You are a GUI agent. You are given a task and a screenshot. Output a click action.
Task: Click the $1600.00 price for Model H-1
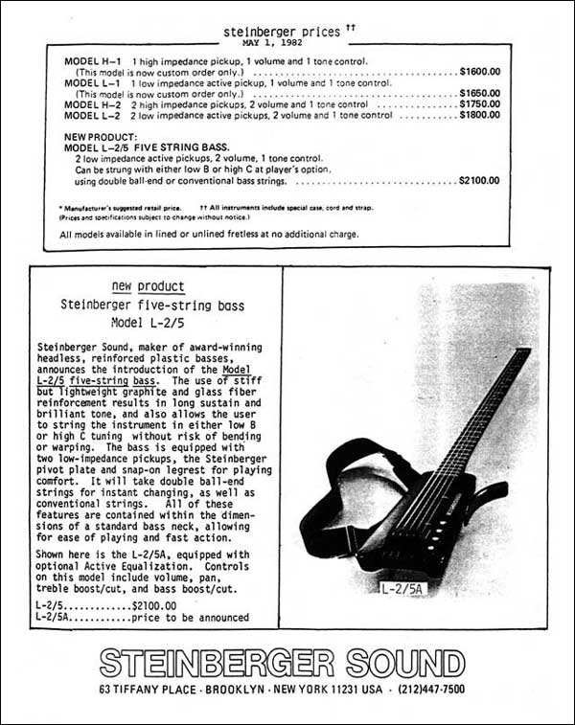click(x=479, y=72)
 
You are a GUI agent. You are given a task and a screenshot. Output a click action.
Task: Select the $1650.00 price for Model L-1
click(x=479, y=94)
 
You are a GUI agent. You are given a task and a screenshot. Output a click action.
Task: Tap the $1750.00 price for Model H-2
click(x=479, y=104)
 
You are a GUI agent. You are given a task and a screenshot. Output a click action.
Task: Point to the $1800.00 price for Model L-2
click(x=479, y=115)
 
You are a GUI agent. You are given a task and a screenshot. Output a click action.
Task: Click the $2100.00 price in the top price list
click(x=479, y=180)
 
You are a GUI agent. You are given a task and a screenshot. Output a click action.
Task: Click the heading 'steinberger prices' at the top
click(x=281, y=31)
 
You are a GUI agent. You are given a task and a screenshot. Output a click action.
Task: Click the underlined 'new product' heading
click(x=148, y=286)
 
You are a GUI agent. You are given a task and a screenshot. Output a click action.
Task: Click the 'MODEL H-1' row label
click(x=90, y=61)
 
